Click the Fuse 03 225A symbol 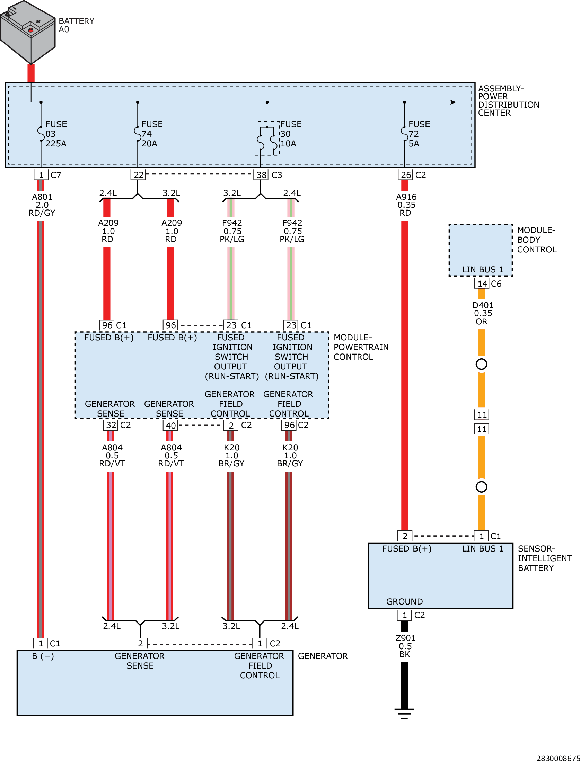pyautogui.click(x=41, y=134)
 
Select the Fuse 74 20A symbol pyautogui.click(x=138, y=134)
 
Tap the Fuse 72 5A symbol pyautogui.click(x=404, y=134)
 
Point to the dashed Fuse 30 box pyautogui.click(x=267, y=138)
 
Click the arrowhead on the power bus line pyautogui.click(x=453, y=102)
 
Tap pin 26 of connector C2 pyautogui.click(x=405, y=175)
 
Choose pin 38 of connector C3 pyautogui.click(x=261, y=175)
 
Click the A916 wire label pyautogui.click(x=406, y=205)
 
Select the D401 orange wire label pyautogui.click(x=483, y=313)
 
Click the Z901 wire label pyautogui.click(x=405, y=646)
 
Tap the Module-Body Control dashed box pyautogui.click(x=481, y=250)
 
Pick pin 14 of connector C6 pyautogui.click(x=482, y=284)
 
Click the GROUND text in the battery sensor pyautogui.click(x=404, y=602)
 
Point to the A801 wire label pyautogui.click(x=42, y=205)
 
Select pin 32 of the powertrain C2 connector pyautogui.click(x=111, y=425)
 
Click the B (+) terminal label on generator pyautogui.click(x=43, y=656)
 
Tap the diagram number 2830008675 pyautogui.click(x=558, y=758)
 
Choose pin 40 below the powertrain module pyautogui.click(x=170, y=426)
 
